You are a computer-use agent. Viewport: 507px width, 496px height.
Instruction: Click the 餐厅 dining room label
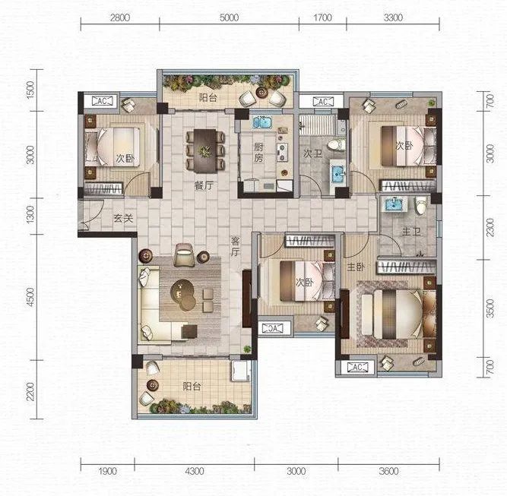pos(204,186)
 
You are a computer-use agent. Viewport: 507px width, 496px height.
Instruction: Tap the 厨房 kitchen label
pos(258,152)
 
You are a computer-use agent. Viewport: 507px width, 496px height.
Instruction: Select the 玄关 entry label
pos(123,218)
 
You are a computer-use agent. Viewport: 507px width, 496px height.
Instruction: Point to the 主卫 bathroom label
pos(411,232)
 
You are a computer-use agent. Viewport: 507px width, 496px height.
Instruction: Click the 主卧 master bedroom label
pos(356,267)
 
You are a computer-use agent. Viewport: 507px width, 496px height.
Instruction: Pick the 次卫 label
pos(312,153)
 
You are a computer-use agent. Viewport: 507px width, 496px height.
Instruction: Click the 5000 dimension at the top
pos(229,17)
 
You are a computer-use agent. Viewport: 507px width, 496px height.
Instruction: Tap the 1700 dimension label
pos(322,17)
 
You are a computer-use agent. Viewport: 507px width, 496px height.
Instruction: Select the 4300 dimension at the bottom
pos(195,471)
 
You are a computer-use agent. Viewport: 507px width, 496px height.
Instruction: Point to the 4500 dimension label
pos(30,297)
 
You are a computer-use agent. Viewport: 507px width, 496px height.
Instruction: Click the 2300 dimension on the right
pos(490,227)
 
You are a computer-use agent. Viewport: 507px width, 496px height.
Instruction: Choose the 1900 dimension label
pos(107,471)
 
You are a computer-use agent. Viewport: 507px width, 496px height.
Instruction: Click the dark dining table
pos(205,151)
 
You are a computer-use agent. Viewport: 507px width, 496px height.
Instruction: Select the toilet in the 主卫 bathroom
pos(421,206)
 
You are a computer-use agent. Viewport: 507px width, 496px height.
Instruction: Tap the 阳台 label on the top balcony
pos(208,97)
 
